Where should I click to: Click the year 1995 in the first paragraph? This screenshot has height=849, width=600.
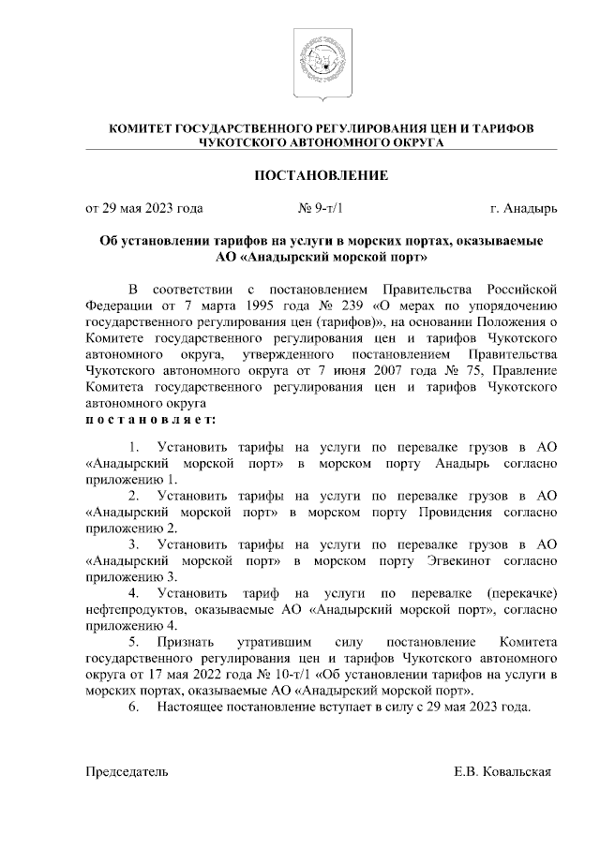[x=244, y=303]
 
